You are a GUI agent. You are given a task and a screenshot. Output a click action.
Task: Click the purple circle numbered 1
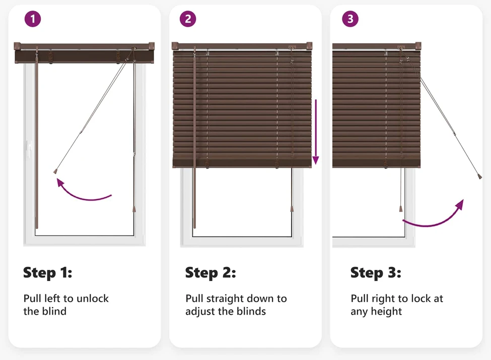[x=33, y=19]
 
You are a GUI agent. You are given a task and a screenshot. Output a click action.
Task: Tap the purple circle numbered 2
[x=188, y=19]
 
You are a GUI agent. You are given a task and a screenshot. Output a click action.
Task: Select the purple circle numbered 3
[x=350, y=19]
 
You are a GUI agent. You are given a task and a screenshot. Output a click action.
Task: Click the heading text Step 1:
[x=48, y=273]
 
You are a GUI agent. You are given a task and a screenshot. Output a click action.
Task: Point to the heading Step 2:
[x=211, y=273]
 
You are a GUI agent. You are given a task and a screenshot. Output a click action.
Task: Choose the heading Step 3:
[x=376, y=273]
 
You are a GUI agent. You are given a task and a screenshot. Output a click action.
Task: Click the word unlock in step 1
[x=92, y=299]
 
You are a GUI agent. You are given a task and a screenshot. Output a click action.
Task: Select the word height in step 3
[x=386, y=312]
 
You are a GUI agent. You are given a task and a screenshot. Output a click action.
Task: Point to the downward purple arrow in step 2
[x=316, y=132]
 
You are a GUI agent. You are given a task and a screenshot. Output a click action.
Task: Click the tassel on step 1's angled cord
[x=55, y=171]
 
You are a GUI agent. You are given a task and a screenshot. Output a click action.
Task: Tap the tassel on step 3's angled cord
[x=480, y=177]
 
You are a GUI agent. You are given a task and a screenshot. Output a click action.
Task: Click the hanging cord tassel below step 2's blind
[x=292, y=208]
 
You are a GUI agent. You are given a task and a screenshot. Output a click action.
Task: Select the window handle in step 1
[x=30, y=148]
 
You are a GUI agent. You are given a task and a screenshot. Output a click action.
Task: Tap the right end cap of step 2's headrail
[x=309, y=46]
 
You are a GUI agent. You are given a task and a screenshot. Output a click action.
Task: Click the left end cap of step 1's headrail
[x=17, y=46]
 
